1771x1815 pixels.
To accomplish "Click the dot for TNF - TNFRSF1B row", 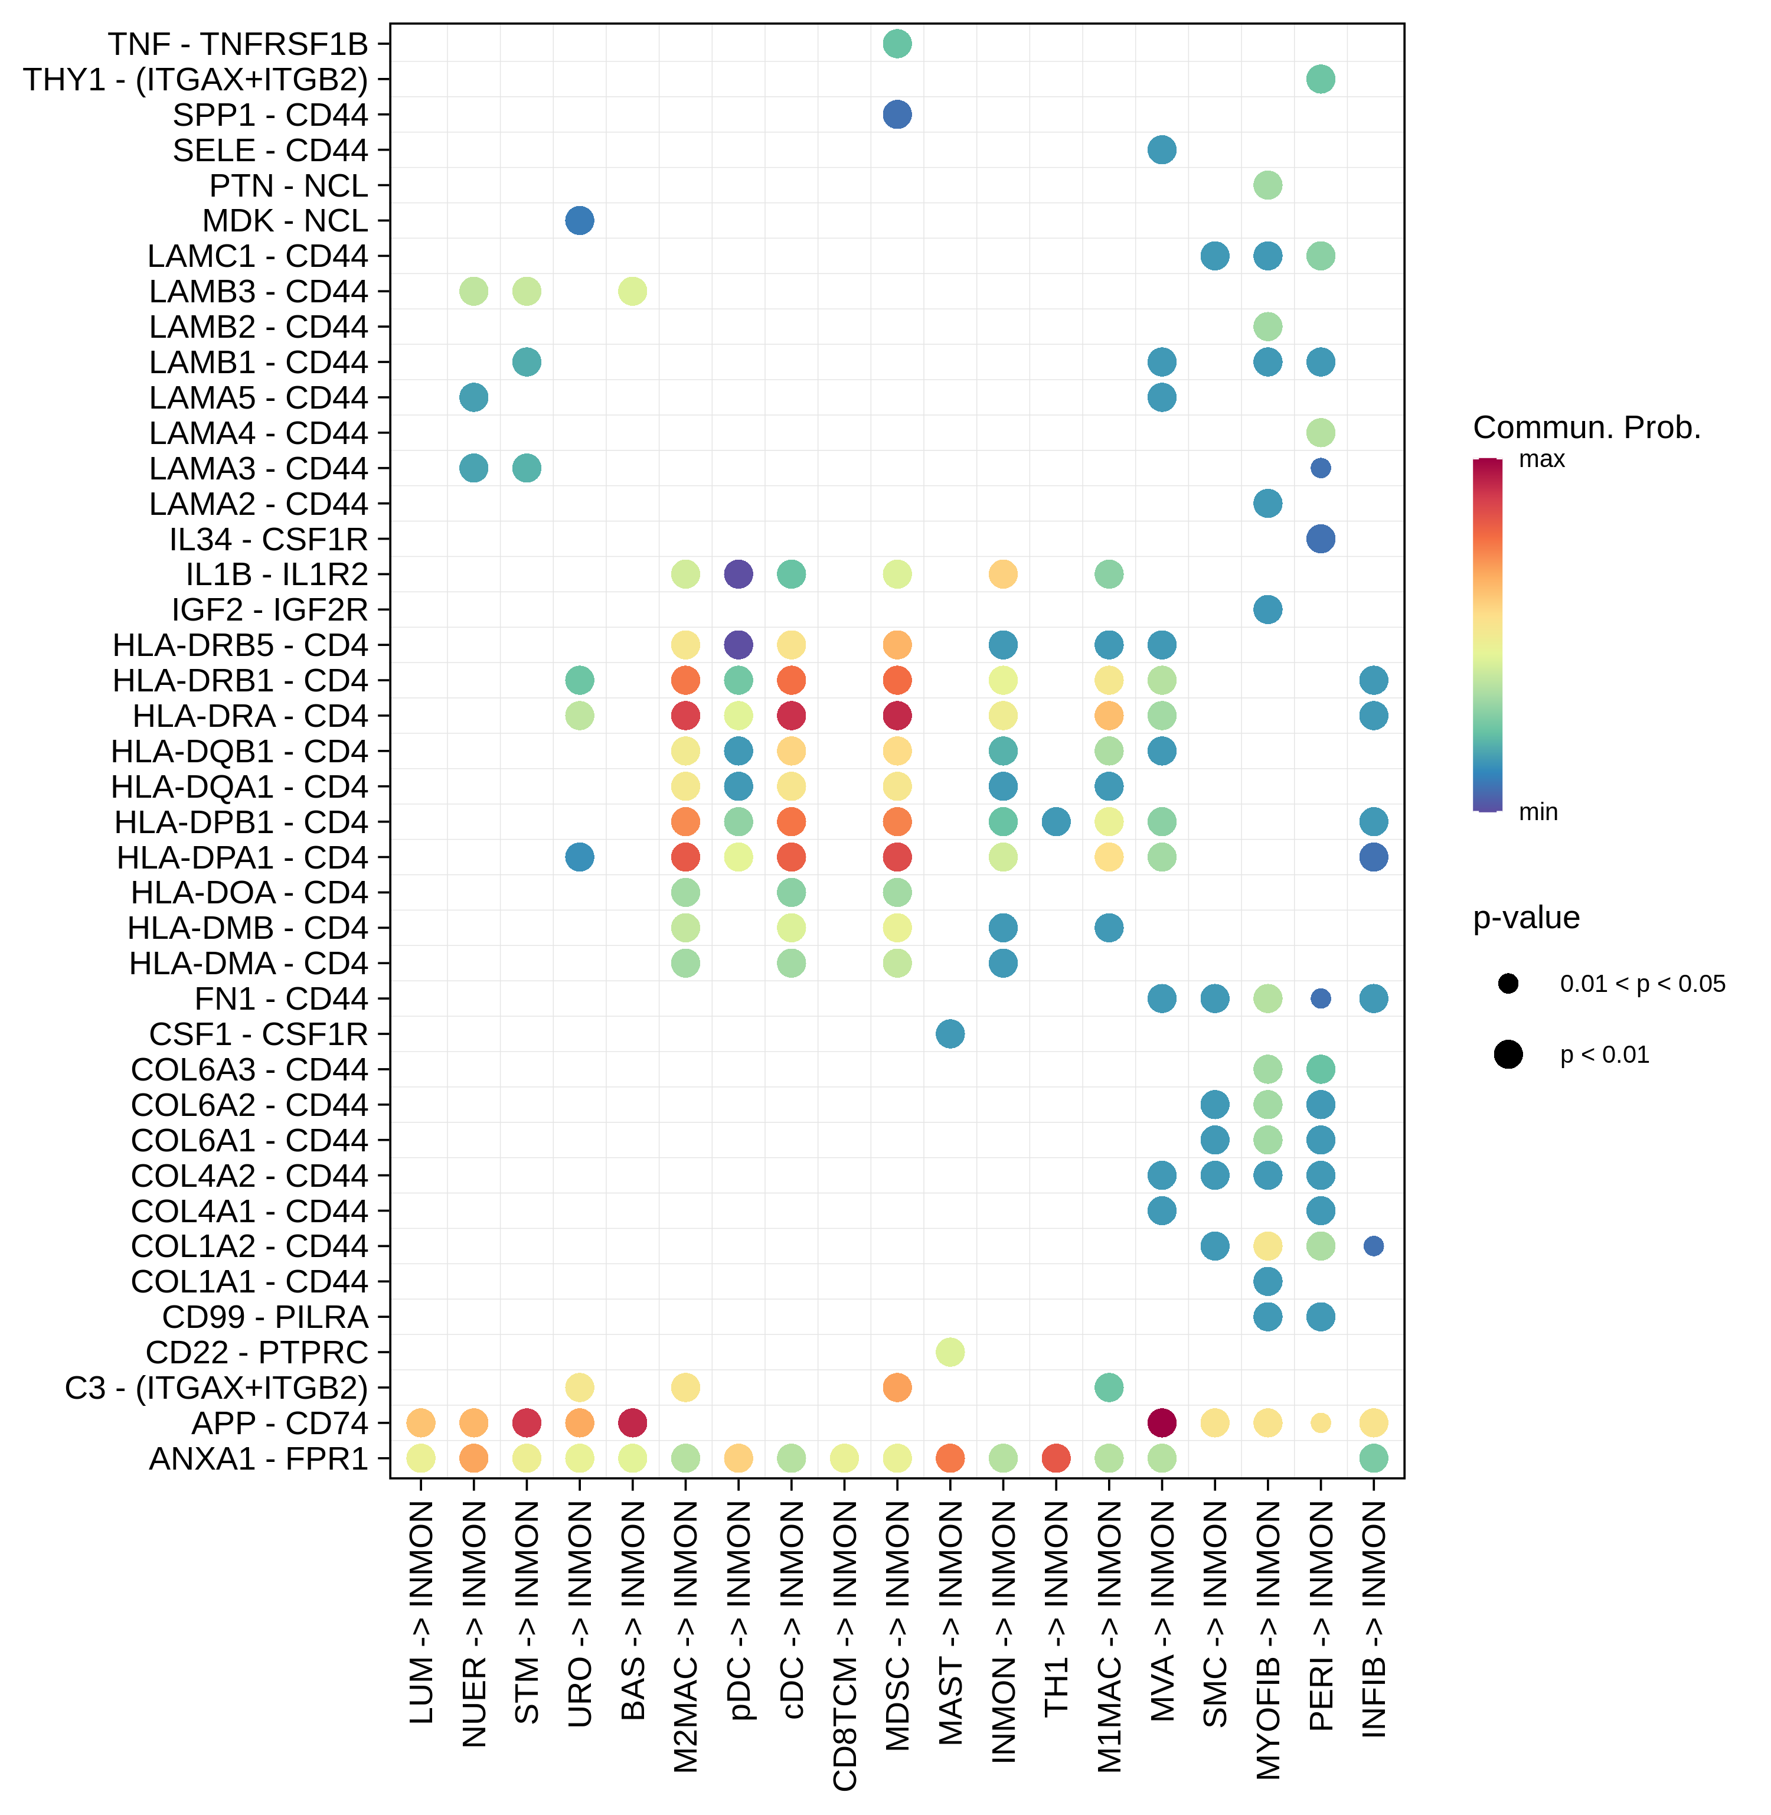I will (x=897, y=44).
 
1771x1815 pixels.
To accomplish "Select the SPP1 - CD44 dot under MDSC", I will (x=897, y=115).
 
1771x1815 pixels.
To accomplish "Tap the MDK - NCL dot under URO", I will (x=580, y=220).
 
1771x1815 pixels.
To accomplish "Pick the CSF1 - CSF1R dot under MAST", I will (x=950, y=1033).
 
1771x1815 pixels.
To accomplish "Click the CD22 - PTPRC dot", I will (x=950, y=1352).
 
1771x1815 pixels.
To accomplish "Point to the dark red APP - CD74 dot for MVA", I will (x=1162, y=1422).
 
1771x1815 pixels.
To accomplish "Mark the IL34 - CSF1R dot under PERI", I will (x=1321, y=538).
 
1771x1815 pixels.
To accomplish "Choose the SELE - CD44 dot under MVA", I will (x=1162, y=150).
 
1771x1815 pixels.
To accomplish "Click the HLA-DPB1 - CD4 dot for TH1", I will (x=1056, y=821).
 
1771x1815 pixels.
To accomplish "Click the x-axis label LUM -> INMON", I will (x=421, y=1611).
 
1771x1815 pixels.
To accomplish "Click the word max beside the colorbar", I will (x=1541, y=459).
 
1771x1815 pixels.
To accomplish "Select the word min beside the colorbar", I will (x=1538, y=812).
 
